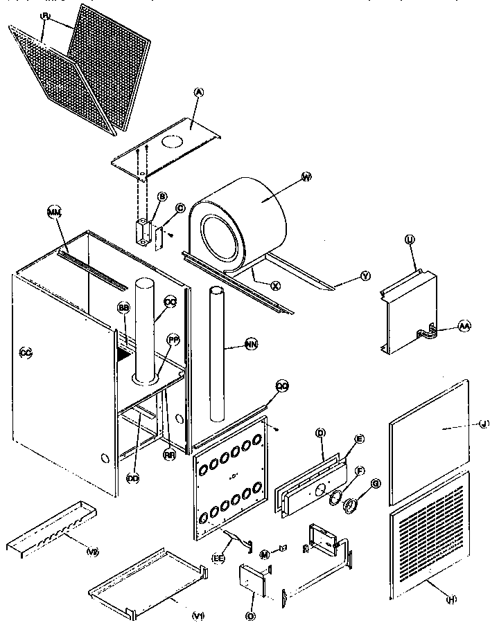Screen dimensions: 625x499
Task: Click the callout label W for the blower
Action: click(307, 177)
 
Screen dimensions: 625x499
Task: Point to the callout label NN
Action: click(249, 342)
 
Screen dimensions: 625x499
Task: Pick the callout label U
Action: click(409, 239)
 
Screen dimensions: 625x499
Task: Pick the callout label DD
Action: click(132, 458)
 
